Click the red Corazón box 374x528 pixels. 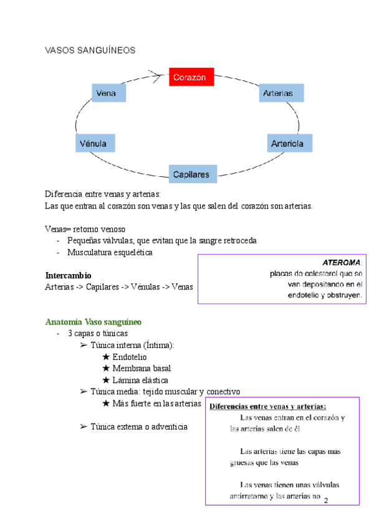191,78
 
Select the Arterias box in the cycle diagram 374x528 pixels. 281,93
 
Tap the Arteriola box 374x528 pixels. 289,143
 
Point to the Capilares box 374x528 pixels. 193,174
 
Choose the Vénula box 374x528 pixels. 94,143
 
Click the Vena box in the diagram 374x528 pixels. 108,93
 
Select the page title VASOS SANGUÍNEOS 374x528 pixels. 90,50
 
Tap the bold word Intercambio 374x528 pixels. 69,275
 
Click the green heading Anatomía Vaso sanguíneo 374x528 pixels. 93,323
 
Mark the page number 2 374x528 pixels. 325,500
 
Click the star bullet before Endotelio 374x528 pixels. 105,357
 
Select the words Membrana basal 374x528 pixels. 141,369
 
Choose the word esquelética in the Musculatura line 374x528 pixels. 130,253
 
